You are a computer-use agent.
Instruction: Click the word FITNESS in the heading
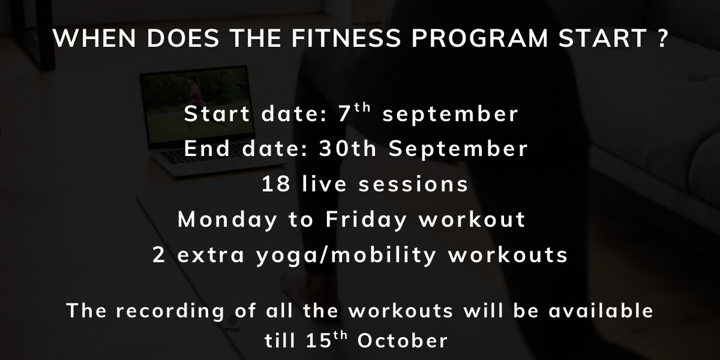pos(346,38)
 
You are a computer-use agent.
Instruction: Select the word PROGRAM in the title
pos(479,38)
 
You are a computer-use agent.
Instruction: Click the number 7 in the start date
pos(344,114)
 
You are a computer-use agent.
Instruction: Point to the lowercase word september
pos(451,115)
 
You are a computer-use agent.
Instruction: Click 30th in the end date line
pos(347,148)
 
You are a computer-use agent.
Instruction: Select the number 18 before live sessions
pos(276,184)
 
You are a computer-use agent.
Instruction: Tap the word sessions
pos(413,185)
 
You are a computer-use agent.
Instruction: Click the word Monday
pos(227,220)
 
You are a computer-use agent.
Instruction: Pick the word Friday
pos(367,220)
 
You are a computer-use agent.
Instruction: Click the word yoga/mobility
pos(346,255)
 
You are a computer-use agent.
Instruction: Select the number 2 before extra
pos(159,254)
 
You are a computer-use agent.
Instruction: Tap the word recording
pos(170,311)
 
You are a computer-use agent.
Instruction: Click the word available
pos(601,311)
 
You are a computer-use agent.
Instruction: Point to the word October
pos(403,340)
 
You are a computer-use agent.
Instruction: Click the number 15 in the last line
pos(318,340)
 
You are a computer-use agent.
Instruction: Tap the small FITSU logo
pos(232,324)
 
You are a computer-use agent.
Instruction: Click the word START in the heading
pos(603,38)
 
